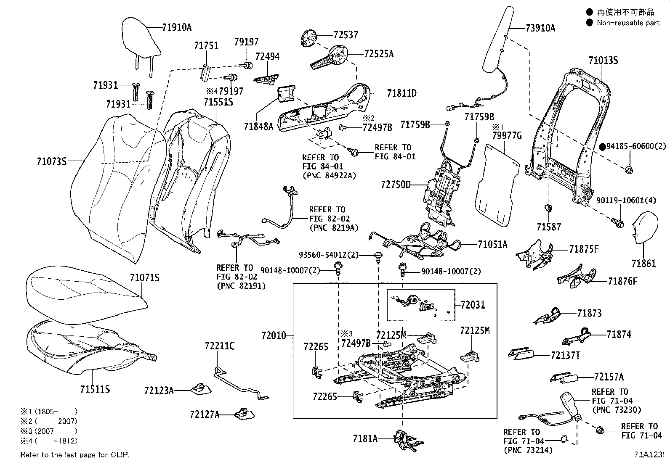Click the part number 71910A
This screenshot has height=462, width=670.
coord(177,28)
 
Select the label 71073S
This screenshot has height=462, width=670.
coord(51,161)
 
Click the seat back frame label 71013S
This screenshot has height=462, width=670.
coord(603,61)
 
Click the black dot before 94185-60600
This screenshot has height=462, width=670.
coord(602,146)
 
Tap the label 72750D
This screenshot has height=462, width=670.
coord(396,185)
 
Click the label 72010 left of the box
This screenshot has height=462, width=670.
coord(274,335)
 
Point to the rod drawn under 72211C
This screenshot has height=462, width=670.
coord(240,383)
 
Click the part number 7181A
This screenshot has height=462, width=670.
coord(365,439)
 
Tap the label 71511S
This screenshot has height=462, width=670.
coord(95,389)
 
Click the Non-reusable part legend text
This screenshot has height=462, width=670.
coord(628,23)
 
